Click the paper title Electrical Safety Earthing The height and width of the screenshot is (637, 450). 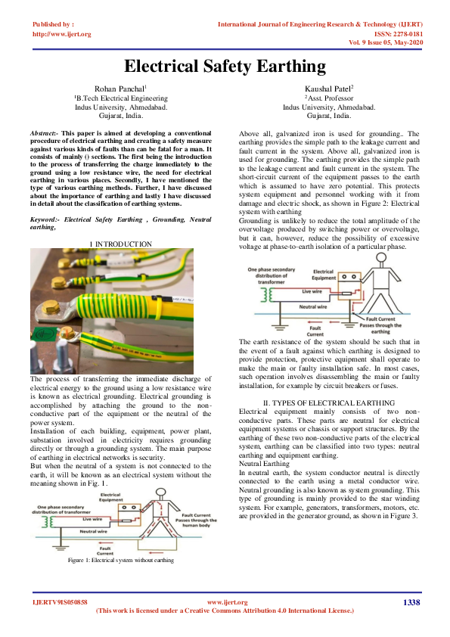click(x=225, y=66)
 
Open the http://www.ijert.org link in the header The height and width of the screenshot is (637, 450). click(x=62, y=34)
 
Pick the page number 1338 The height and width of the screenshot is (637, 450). click(x=411, y=602)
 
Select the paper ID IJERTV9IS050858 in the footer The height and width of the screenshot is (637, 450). click(x=60, y=602)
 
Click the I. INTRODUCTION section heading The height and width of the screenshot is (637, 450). click(x=120, y=244)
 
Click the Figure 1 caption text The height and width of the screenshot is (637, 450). click(x=121, y=560)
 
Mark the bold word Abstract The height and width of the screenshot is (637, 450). click(x=45, y=132)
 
